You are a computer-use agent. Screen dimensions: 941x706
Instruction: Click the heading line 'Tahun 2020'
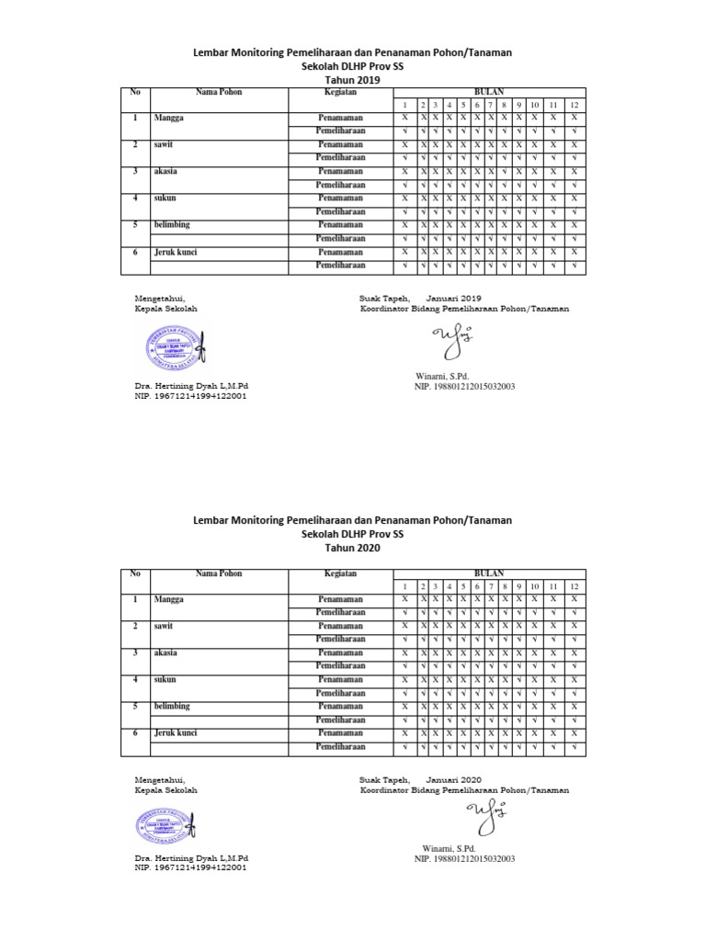tap(352, 548)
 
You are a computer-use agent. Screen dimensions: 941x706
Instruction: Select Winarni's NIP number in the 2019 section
tap(464, 387)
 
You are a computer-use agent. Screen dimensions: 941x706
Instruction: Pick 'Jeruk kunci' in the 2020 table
tap(176, 733)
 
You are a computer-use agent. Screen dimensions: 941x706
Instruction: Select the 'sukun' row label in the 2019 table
tap(165, 198)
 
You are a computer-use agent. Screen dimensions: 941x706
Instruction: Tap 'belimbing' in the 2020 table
tap(172, 707)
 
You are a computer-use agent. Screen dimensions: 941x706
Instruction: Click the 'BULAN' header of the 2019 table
tap(488, 93)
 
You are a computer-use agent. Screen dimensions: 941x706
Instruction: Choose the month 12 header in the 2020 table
tap(574, 586)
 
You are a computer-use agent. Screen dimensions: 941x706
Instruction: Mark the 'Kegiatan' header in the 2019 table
tap(340, 93)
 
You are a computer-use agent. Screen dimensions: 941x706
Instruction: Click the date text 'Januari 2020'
tap(453, 779)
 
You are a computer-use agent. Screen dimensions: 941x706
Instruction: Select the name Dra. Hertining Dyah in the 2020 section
tap(192, 857)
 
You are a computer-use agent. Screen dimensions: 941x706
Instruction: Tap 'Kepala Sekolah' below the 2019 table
tap(166, 309)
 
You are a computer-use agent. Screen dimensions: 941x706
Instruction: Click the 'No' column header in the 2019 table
tap(135, 93)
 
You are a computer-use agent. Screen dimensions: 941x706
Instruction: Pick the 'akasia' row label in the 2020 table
tap(166, 652)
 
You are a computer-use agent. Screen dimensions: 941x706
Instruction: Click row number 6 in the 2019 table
tap(135, 252)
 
